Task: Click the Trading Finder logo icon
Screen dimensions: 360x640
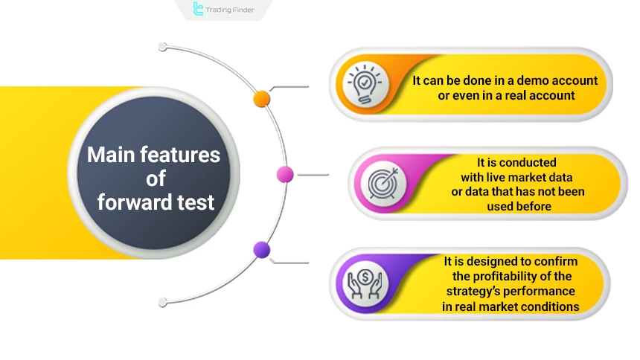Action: click(x=198, y=9)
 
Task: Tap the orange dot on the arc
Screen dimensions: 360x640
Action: click(x=262, y=98)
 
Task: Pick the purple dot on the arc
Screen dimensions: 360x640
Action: click(x=262, y=250)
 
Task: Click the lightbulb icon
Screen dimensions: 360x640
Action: click(x=368, y=86)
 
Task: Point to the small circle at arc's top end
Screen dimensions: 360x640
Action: click(x=162, y=47)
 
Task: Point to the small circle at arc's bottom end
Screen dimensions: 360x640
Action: click(x=162, y=302)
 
